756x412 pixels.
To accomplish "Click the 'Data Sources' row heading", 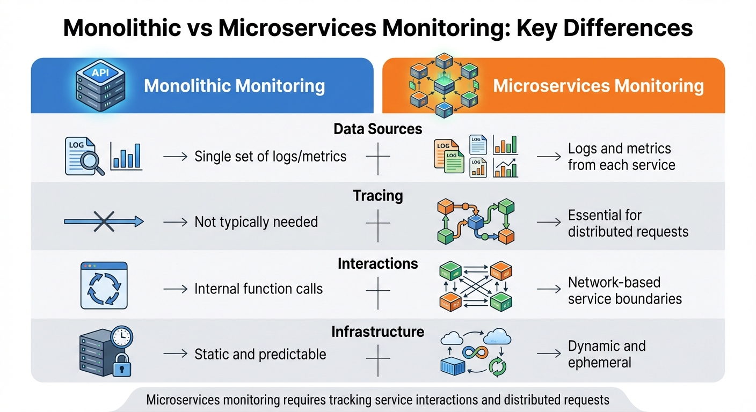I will [377, 129].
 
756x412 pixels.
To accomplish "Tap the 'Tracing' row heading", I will [377, 196].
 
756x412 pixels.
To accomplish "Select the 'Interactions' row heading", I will [377, 264].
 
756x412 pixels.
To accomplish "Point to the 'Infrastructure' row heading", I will [377, 332].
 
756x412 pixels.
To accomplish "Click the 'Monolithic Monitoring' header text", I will [234, 86].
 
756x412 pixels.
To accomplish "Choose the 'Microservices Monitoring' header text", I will [598, 86].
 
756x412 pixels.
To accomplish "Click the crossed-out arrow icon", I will [104, 221].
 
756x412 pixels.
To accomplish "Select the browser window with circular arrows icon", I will [104, 285].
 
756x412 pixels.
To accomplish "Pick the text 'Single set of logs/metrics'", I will [270, 157].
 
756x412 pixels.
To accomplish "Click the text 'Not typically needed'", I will [256, 222].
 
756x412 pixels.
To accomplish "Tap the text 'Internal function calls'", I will [258, 289].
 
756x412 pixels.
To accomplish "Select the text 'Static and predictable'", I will [260, 354].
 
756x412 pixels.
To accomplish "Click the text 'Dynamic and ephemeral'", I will [606, 354].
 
